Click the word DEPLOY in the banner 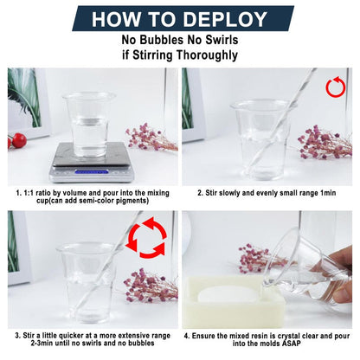point(225,19)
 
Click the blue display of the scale point(92,172)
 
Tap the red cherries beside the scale point(17,140)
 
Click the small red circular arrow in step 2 point(336,87)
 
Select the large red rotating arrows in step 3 point(146,237)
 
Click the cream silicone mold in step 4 point(234,301)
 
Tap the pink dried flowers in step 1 point(151,138)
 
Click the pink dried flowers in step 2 point(325,143)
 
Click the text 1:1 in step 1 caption point(29,193)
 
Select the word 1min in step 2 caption point(328,193)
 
